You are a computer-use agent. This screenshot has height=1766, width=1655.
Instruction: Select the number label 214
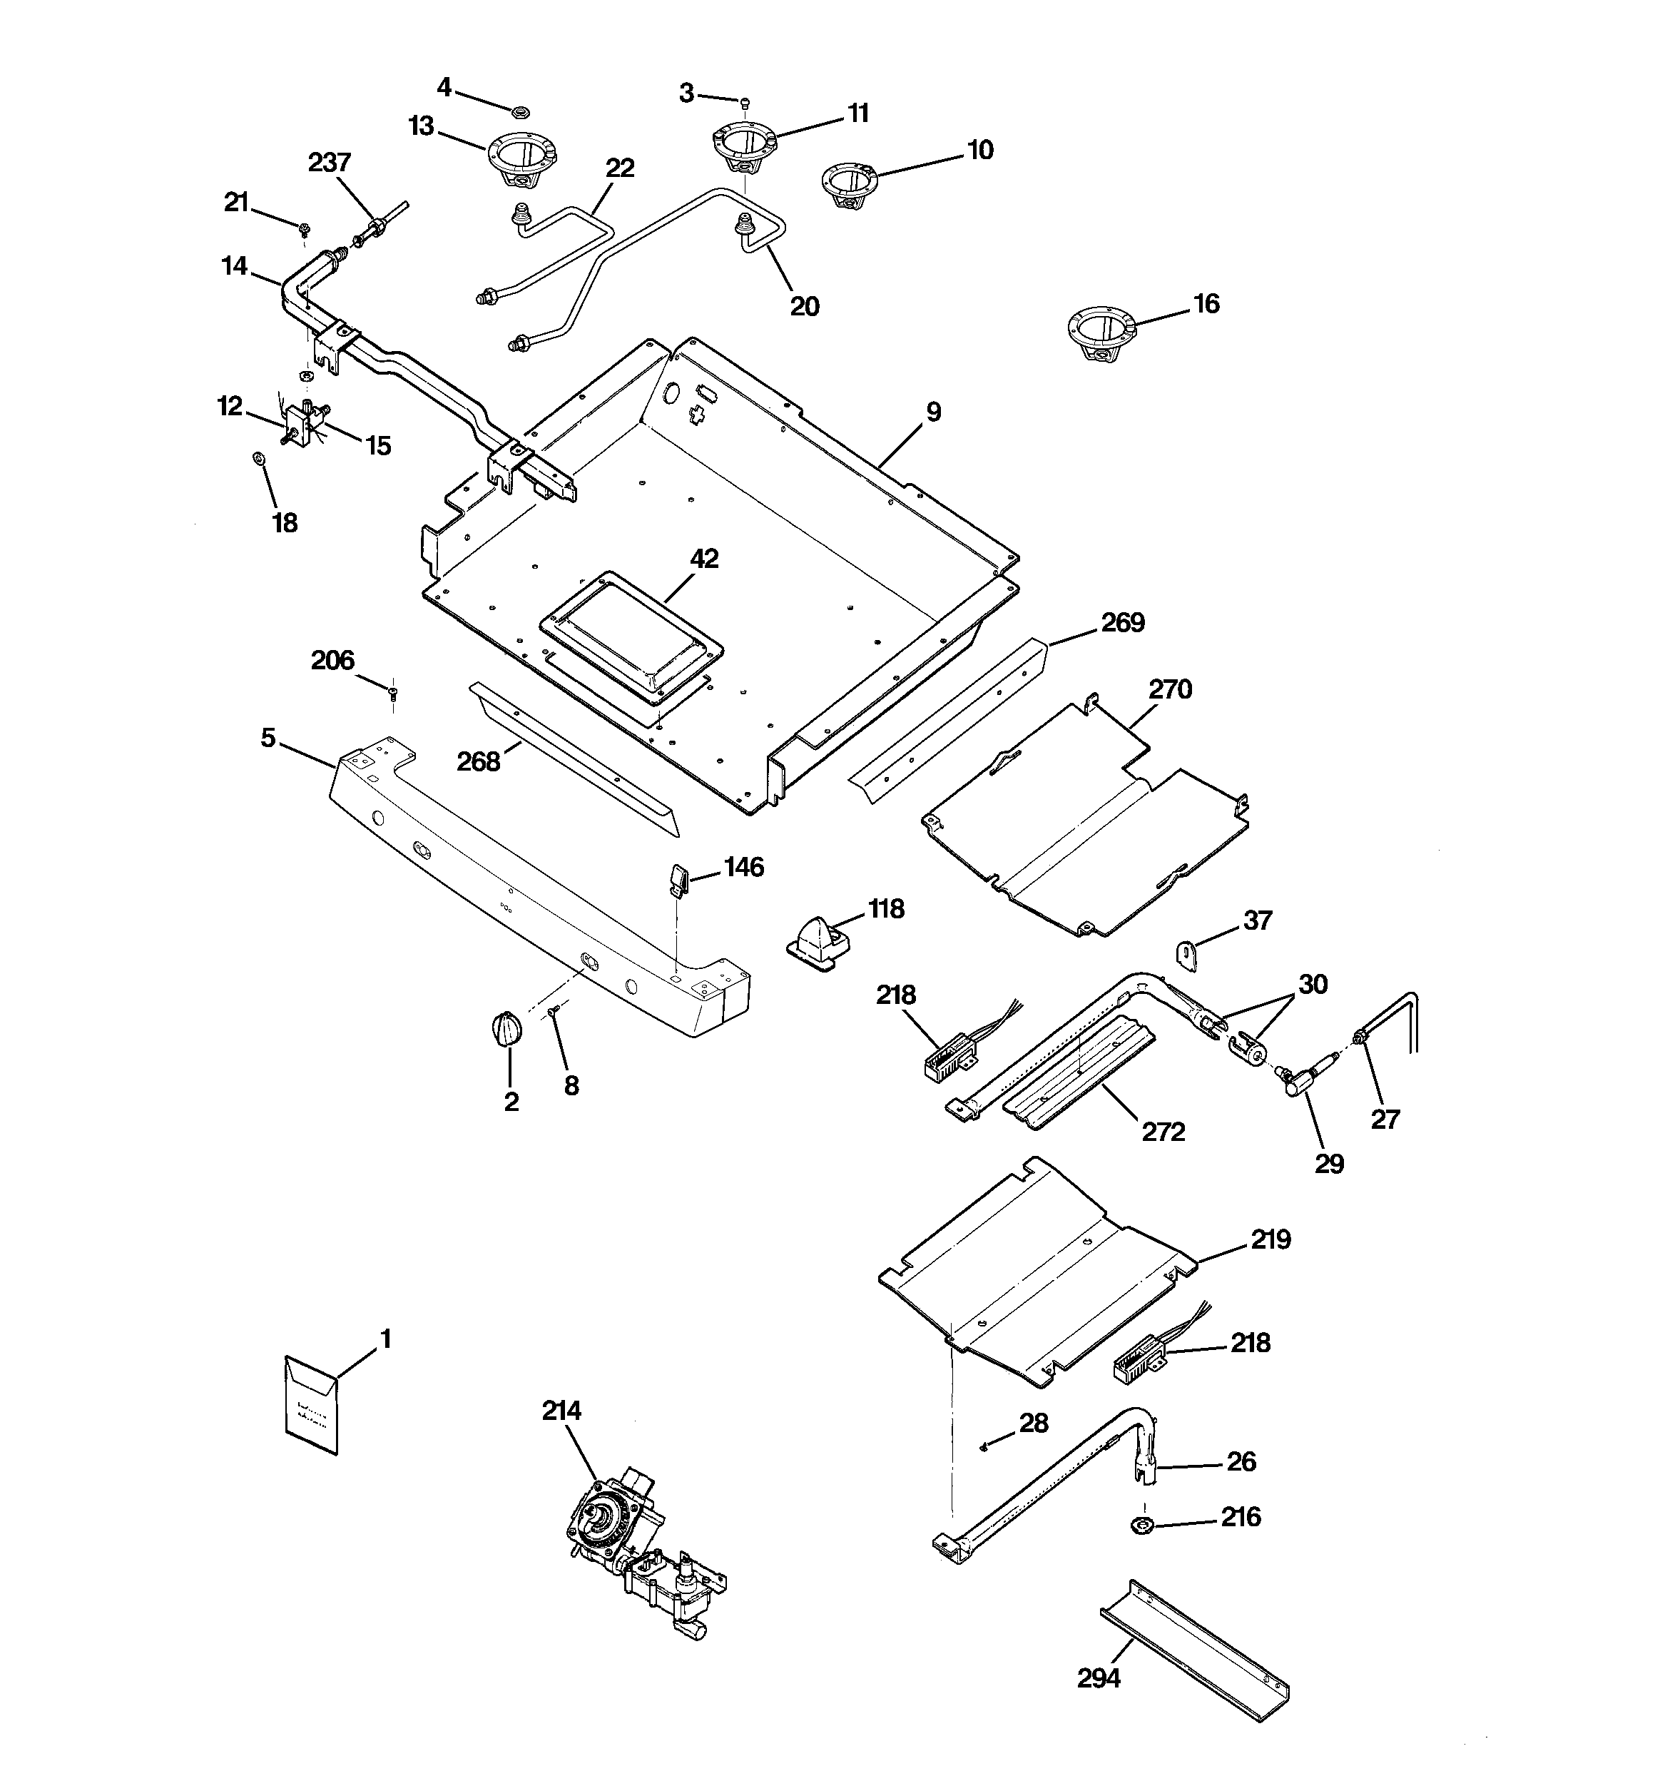click(561, 1410)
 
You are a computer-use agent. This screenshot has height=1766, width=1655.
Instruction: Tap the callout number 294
click(1099, 1678)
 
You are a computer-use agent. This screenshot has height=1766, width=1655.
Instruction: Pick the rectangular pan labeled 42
click(631, 631)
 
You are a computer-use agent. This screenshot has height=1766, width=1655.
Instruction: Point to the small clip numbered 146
click(677, 880)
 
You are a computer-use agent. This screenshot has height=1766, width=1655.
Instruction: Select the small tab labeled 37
click(1186, 953)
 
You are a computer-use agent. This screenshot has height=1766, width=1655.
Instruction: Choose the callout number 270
click(1170, 689)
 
